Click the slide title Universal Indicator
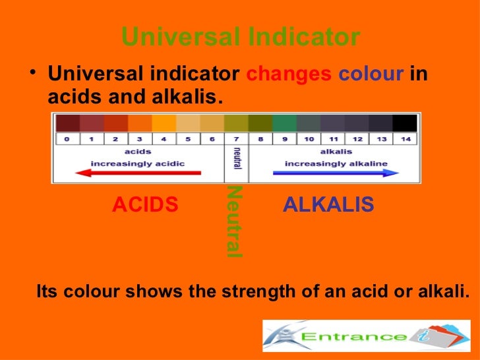tap(241, 38)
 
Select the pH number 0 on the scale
tap(67, 139)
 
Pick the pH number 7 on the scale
tap(235, 139)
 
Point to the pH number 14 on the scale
tap(405, 139)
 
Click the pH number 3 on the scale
tap(140, 139)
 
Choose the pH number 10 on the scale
tap(309, 139)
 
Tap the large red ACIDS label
tap(145, 206)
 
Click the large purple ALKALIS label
tap(328, 205)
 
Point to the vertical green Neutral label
tap(234, 222)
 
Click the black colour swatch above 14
tap(405, 123)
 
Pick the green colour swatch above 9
tap(284, 123)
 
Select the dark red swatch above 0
tap(67, 123)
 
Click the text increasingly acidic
tap(138, 163)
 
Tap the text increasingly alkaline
tap(336, 163)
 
